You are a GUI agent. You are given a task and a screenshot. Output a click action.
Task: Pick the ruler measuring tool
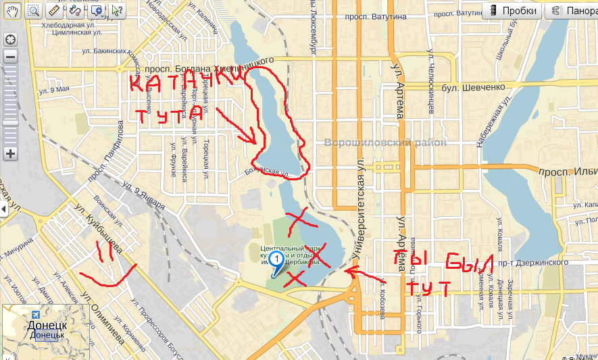click(55, 10)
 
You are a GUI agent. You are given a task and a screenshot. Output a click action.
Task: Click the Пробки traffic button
click(513, 11)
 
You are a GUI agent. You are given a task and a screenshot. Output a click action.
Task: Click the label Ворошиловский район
click(385, 143)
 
